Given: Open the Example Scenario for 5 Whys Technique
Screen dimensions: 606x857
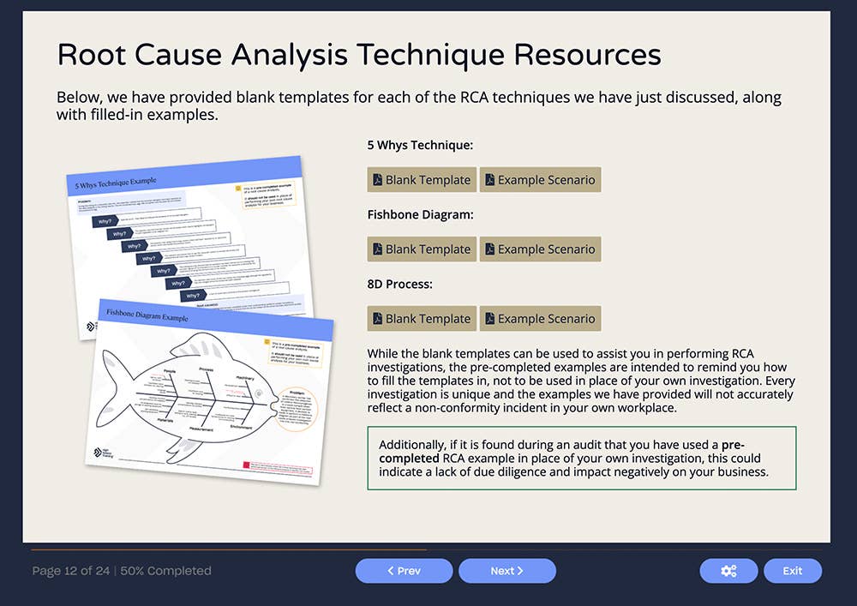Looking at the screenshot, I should tap(540, 180).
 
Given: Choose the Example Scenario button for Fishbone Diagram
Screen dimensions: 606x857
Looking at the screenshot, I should tap(540, 249).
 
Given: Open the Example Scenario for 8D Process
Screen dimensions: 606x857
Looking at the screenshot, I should tap(540, 319).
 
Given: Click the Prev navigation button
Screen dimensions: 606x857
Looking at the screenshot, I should tap(404, 571).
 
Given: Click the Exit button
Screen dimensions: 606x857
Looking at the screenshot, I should tap(793, 571).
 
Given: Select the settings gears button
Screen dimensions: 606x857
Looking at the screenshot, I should tap(728, 571).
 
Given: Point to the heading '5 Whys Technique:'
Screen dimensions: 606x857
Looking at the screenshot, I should tap(420, 146).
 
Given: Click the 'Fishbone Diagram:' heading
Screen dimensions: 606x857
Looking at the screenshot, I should tap(420, 215).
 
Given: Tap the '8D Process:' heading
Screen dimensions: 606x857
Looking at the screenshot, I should tap(399, 285).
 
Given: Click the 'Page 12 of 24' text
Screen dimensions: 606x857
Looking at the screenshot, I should tap(72, 571).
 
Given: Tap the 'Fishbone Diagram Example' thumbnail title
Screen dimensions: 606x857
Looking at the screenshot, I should tap(147, 315).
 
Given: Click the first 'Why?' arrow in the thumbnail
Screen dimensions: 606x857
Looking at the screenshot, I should tap(106, 221).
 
